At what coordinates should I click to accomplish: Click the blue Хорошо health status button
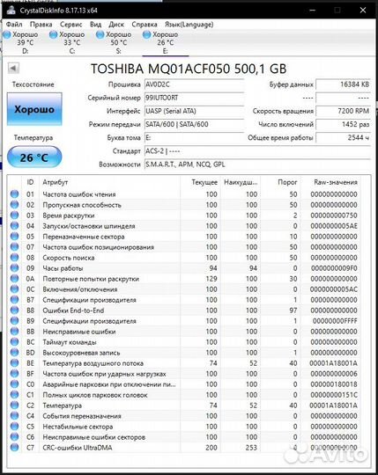click(33, 109)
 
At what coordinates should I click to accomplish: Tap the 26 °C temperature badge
click(33, 157)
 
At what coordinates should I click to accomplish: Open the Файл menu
click(13, 25)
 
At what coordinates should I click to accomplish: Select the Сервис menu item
click(71, 25)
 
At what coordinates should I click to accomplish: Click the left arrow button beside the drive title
click(13, 68)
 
